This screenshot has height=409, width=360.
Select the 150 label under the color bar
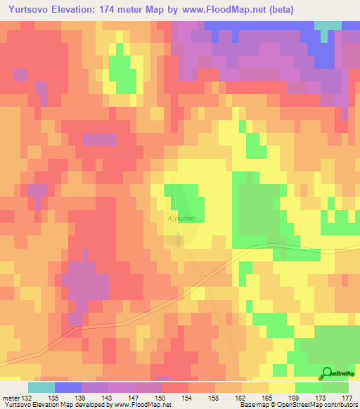click(162, 397)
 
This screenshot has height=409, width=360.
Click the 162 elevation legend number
click(241, 397)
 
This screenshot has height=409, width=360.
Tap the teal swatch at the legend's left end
click(41, 387)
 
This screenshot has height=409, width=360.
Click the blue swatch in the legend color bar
click(67, 387)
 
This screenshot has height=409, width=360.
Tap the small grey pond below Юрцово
click(181, 240)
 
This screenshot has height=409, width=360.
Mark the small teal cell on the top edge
click(326, 25)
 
